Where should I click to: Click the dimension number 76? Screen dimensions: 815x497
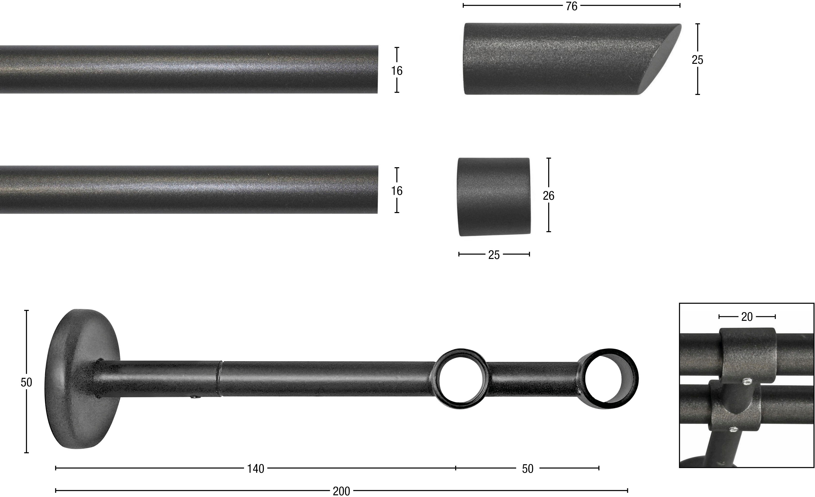click(571, 6)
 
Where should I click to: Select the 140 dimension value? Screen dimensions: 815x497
click(256, 469)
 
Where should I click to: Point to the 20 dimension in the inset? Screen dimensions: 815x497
click(747, 317)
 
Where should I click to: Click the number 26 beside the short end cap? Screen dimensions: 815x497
click(548, 196)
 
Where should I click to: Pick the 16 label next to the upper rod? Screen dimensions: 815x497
click(397, 71)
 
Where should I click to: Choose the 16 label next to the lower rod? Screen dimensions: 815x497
click(397, 191)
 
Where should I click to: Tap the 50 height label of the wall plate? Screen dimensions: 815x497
click(26, 382)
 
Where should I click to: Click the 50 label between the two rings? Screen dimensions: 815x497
click(528, 469)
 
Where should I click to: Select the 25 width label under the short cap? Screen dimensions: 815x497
click(494, 255)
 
